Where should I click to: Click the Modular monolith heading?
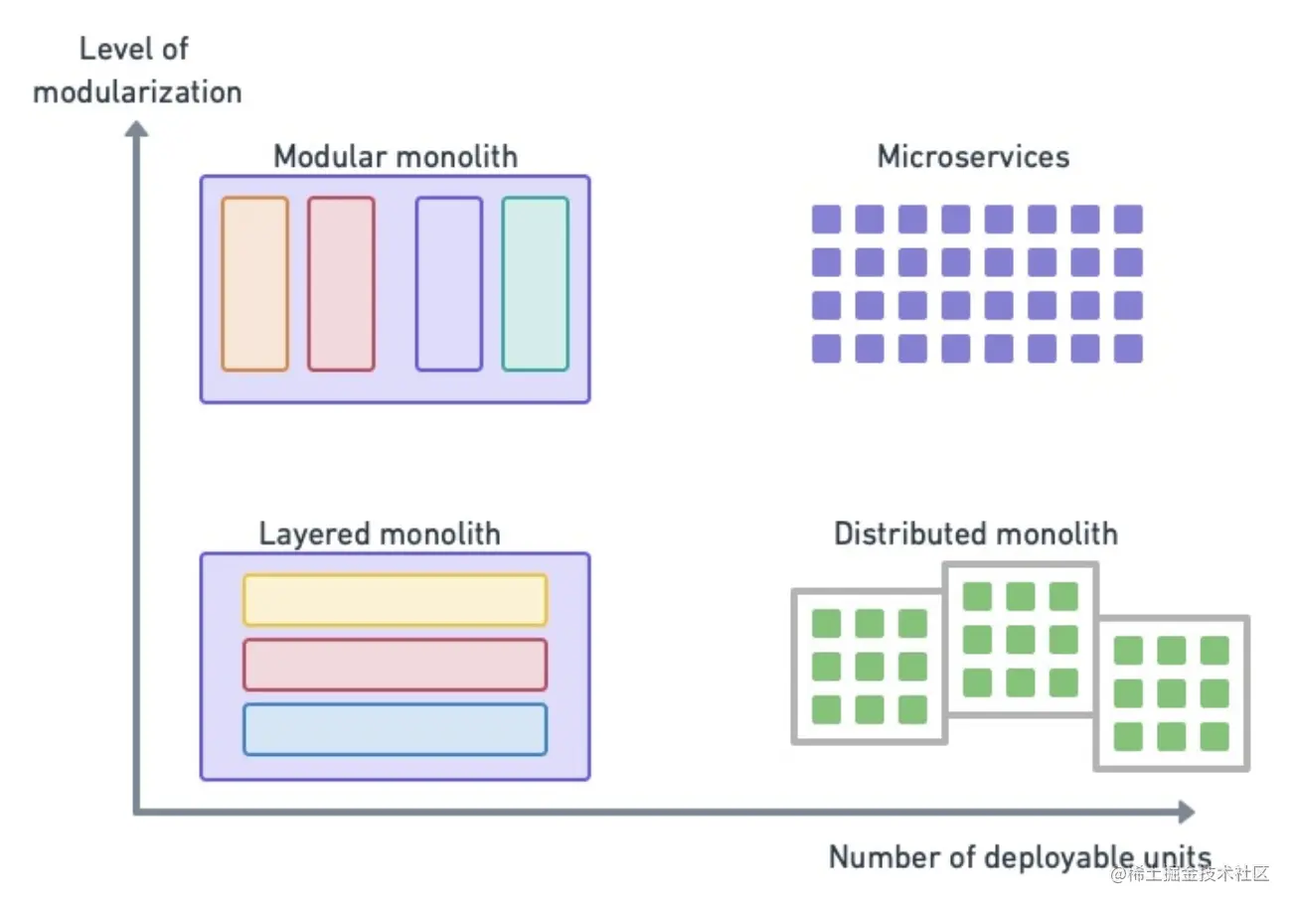[396, 157]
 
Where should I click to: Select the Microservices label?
[973, 157]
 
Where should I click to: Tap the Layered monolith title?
[380, 533]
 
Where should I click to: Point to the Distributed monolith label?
[975, 533]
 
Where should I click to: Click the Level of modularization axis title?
[136, 71]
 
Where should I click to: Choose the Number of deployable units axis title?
[1020, 857]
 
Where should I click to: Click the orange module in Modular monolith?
[254, 284]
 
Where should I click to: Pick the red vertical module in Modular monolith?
[341, 284]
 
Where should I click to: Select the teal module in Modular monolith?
[536, 284]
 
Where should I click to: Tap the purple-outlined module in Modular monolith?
[449, 284]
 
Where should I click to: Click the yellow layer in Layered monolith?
[395, 600]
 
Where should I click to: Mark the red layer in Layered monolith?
[395, 665]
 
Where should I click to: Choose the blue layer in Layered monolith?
[395, 729]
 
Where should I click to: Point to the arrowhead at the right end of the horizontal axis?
[1185, 813]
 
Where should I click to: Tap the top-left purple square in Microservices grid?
[826, 219]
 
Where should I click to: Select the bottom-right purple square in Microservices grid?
[1128, 349]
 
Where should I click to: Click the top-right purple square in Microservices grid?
[1128, 219]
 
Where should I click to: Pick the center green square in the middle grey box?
[1021, 639]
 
